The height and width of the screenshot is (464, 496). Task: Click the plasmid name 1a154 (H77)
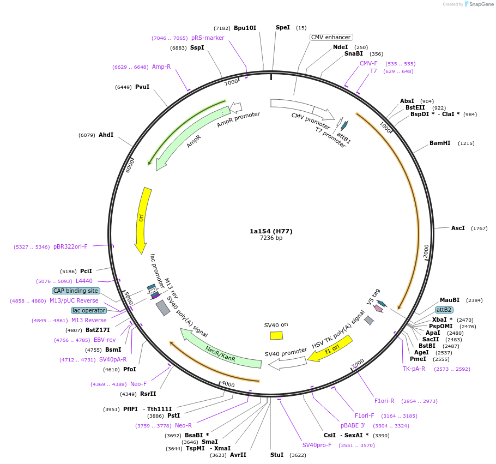(271, 231)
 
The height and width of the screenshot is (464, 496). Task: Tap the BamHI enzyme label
(440, 143)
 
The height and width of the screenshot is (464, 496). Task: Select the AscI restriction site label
(458, 228)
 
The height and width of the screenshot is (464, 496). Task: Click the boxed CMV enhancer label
(331, 37)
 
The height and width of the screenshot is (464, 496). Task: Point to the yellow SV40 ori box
(276, 335)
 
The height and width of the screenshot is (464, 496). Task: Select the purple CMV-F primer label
(368, 63)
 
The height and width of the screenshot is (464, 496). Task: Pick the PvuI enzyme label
(142, 87)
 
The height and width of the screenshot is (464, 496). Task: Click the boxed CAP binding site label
(76, 291)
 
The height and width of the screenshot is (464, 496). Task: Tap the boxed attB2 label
(444, 310)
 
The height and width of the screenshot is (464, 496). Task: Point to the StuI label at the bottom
(277, 454)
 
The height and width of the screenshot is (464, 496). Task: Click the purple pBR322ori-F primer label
(70, 246)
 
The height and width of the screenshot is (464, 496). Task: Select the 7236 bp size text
(271, 238)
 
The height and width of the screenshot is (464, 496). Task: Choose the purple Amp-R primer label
(161, 67)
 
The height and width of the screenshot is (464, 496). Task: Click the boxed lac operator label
(89, 310)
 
